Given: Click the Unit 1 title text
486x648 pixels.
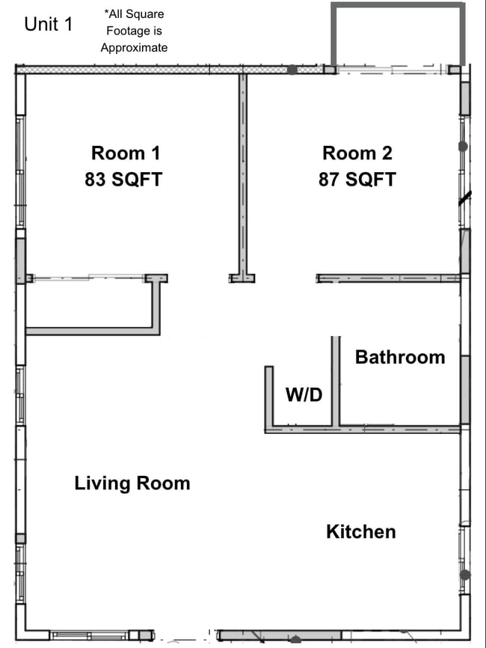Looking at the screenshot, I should coord(49,24).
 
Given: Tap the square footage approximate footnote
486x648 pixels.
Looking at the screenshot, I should coord(135,31).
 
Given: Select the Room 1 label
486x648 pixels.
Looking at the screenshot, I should coord(126,153).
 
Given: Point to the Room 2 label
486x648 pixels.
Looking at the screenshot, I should coord(357,153).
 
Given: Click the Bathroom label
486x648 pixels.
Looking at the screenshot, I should coord(399,357).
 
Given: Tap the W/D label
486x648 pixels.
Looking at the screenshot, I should coord(304,394).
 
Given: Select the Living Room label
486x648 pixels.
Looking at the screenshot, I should coord(132,483).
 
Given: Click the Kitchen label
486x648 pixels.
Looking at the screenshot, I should coord(360,532).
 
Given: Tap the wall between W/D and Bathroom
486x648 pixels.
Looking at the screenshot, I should coord(336,382).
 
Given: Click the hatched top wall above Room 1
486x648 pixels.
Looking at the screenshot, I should coord(150,69).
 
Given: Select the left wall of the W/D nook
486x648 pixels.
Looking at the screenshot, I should coord(268,397).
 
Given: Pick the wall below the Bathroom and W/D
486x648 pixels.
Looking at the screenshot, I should coord(362,430).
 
